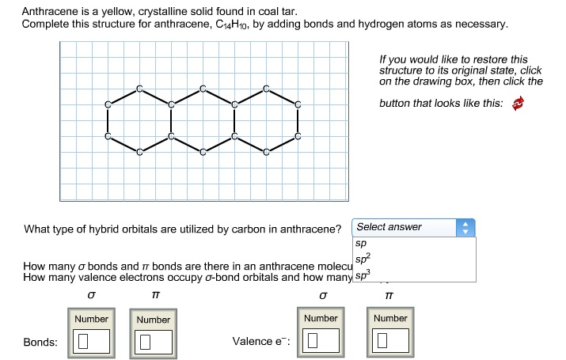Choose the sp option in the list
(x=361, y=244)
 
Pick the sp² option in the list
(x=363, y=259)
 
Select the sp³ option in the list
(x=363, y=274)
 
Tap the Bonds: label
(x=40, y=342)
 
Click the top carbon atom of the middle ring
(x=203, y=87)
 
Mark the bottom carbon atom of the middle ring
(x=203, y=153)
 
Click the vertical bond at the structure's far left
(x=108, y=119)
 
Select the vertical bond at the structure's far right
(x=298, y=119)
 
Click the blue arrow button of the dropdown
(x=466, y=228)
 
